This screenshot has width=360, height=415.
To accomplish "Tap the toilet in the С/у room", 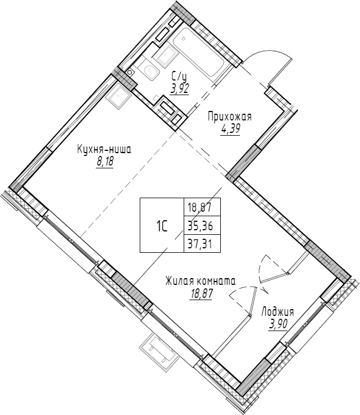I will [149, 72].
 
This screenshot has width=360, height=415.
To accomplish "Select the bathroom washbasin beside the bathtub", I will [167, 55].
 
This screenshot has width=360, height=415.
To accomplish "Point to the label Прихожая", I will [229, 117].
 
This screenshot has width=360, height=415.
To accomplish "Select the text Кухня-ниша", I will [104, 150].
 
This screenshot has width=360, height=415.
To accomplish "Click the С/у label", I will [180, 76].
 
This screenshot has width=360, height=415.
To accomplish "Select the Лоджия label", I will [277, 311].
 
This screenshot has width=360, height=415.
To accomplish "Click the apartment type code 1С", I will [162, 226].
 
